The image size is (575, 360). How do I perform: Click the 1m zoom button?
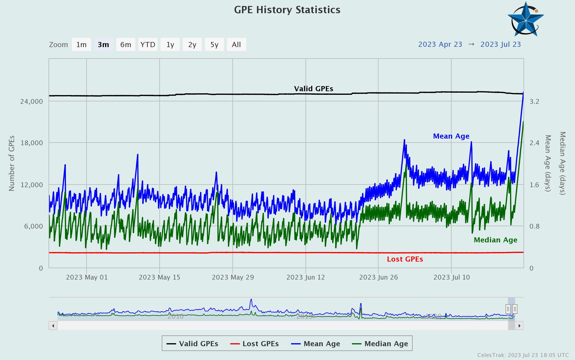pyautogui.click(x=81, y=45)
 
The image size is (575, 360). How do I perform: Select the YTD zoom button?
pyautogui.click(x=148, y=45)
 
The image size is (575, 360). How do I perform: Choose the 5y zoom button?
pyautogui.click(x=214, y=45)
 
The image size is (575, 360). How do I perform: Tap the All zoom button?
pyautogui.click(x=236, y=45)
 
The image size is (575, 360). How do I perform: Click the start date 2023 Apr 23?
pyautogui.click(x=440, y=44)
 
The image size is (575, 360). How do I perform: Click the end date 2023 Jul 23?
pyautogui.click(x=500, y=44)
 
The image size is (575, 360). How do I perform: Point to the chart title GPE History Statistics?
pyautogui.click(x=287, y=10)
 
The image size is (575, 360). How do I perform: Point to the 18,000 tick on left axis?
pyautogui.click(x=31, y=143)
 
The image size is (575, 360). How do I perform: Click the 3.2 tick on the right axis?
pyautogui.click(x=534, y=101)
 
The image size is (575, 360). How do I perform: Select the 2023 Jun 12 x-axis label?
pyautogui.click(x=305, y=277)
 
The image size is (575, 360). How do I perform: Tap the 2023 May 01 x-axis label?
pyautogui.click(x=87, y=277)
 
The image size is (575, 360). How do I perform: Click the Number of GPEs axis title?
pyautogui.click(x=11, y=163)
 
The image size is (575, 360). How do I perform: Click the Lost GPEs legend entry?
pyautogui.click(x=255, y=344)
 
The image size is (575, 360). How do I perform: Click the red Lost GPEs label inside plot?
pyautogui.click(x=405, y=259)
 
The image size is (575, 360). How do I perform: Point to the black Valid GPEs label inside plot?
pyautogui.click(x=313, y=89)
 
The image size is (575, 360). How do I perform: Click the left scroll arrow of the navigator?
pyautogui.click(x=53, y=326)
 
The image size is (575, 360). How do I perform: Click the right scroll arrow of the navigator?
pyautogui.click(x=519, y=326)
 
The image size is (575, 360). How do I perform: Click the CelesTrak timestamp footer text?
pyautogui.click(x=523, y=355)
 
